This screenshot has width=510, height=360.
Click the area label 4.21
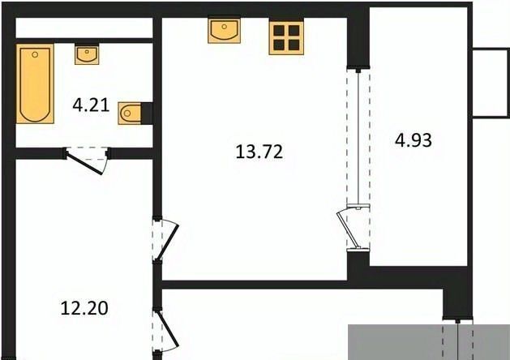(x=91, y=105)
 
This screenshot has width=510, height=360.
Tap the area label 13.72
(x=259, y=152)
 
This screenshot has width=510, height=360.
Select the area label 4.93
(x=414, y=140)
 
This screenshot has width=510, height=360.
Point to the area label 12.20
(x=84, y=308)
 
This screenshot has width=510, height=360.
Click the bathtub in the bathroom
(x=35, y=84)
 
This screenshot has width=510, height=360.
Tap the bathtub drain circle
(x=35, y=54)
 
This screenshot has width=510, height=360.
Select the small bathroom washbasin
(x=87, y=54)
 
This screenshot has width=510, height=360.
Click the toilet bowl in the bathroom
(x=130, y=114)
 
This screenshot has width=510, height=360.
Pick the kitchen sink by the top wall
(x=225, y=30)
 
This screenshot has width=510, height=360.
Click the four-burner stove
(x=286, y=38)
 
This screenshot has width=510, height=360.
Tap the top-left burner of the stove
(x=279, y=30)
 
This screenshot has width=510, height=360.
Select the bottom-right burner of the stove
(x=294, y=45)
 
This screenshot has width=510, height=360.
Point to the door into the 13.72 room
(x=169, y=241)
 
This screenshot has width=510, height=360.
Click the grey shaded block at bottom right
(x=429, y=342)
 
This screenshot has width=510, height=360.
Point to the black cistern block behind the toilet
(x=147, y=114)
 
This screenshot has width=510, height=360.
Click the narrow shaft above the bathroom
(x=84, y=28)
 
